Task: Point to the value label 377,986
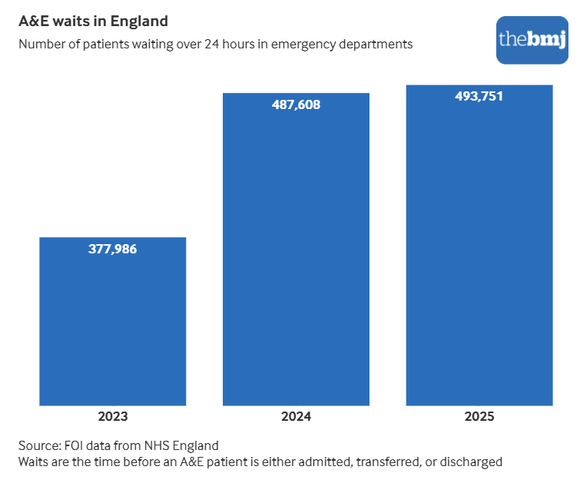[x=112, y=250]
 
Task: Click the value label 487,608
[x=296, y=105]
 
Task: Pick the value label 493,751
[x=479, y=96]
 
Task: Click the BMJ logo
[x=532, y=39]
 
